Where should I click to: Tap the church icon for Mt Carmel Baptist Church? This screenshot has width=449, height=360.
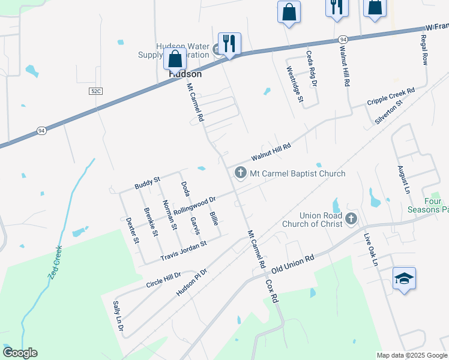(x=240, y=173)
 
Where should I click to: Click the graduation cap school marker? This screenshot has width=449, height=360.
(x=405, y=278)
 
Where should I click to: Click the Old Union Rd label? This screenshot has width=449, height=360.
(x=293, y=263)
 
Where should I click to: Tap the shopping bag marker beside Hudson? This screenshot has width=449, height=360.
(x=175, y=59)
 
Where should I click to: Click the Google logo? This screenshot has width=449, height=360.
(x=20, y=353)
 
